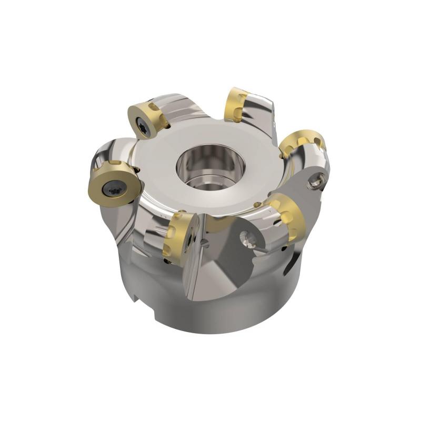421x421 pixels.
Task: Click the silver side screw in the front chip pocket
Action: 248,240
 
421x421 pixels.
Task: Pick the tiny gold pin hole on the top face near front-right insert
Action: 256,205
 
